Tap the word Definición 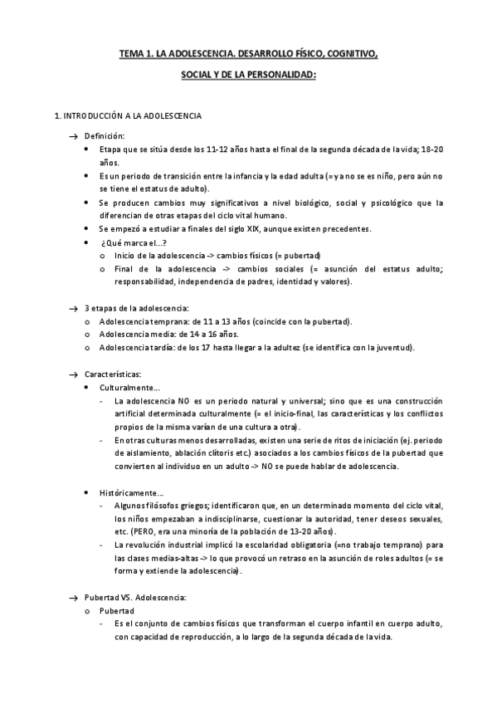tap(105, 134)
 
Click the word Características tap(113, 374)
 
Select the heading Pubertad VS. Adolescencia tap(135, 598)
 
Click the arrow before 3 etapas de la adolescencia tap(73, 309)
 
